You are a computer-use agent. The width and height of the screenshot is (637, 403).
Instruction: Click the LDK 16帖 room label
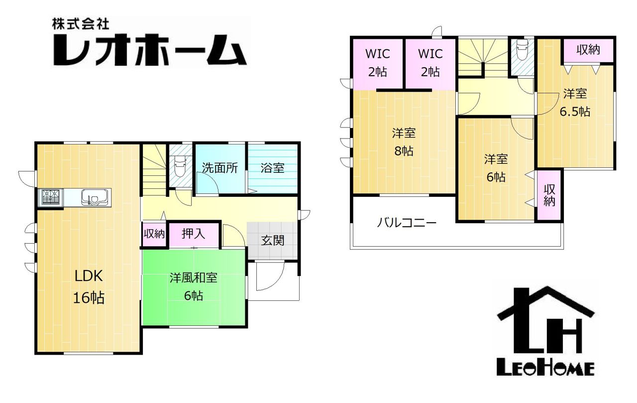coord(89,287)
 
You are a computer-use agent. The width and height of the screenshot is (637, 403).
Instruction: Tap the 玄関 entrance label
coord(272,241)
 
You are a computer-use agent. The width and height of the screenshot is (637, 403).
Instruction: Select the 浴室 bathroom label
coord(272,168)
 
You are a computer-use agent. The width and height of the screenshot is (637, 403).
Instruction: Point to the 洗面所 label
coord(219,168)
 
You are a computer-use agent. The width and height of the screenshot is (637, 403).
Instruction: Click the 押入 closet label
coord(194,234)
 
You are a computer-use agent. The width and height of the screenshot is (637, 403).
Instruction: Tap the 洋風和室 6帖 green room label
coord(194,287)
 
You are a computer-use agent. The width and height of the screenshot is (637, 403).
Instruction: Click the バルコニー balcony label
coord(407,223)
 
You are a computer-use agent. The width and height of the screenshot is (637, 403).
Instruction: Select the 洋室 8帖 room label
coord(404,142)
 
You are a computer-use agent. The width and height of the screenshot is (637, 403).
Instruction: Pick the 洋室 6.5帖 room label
coord(575,103)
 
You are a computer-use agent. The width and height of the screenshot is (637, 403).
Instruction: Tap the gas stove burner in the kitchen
coord(51,197)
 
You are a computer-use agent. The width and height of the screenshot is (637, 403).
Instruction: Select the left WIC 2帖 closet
coord(378,63)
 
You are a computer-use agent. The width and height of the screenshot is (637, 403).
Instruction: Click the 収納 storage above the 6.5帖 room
coord(588,50)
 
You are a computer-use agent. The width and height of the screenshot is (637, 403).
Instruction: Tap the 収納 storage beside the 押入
coord(154,234)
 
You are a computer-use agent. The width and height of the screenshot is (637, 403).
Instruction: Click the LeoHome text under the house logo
coord(545,369)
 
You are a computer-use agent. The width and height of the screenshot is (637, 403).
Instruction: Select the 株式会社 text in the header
coord(81,24)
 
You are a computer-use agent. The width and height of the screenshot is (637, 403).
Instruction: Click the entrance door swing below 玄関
coord(270,276)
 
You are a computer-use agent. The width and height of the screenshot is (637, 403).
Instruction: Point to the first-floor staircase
coord(154,170)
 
